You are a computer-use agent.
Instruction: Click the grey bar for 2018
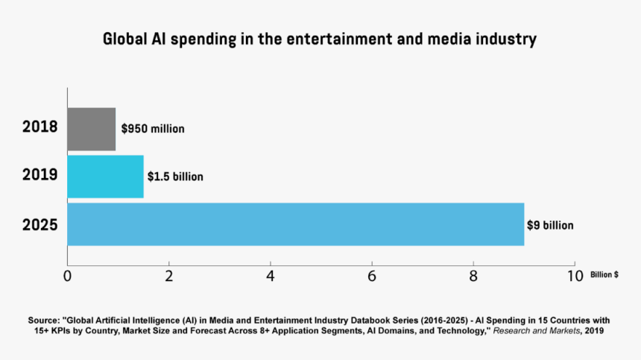[92, 129]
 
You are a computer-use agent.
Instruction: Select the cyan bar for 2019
[105, 176]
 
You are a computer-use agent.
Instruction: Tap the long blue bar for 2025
[295, 224]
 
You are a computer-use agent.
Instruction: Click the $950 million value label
[153, 129]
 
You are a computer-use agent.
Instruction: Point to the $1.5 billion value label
[175, 177]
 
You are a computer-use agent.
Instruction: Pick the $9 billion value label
[550, 224]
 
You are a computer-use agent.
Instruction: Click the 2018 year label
[40, 127]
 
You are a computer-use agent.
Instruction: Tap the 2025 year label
[40, 224]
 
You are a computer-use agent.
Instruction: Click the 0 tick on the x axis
[68, 275]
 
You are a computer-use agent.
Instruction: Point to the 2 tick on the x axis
[169, 275]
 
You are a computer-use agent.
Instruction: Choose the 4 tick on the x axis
[271, 275]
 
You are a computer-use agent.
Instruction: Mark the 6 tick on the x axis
[372, 275]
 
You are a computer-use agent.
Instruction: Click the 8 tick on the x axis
[473, 275]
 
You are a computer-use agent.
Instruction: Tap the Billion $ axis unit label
[604, 275]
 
